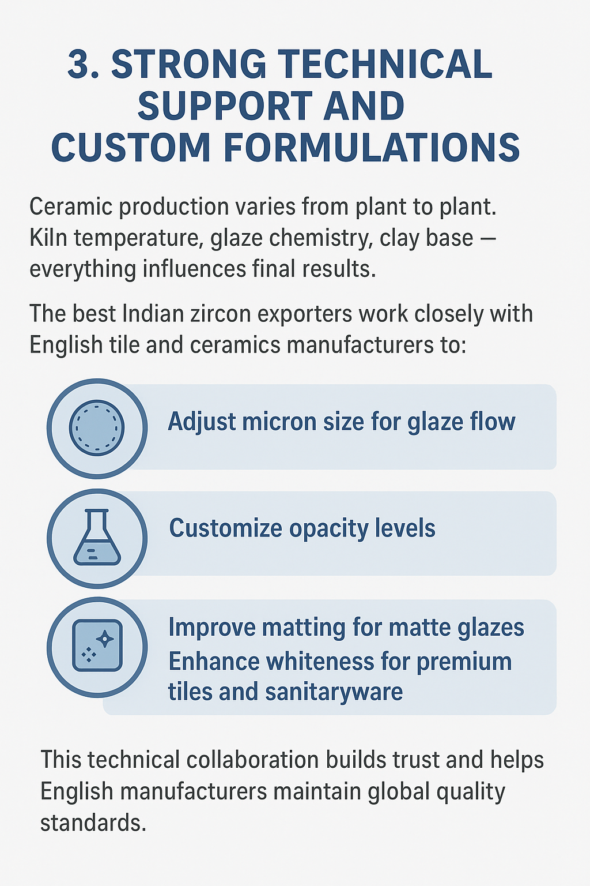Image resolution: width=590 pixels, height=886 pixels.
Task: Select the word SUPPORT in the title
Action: pyautogui.click(x=225, y=106)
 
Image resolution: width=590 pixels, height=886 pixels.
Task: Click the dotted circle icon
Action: pyautogui.click(x=97, y=428)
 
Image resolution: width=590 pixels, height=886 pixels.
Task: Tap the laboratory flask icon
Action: pyautogui.click(x=97, y=537)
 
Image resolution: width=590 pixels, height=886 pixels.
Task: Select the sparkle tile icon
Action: pyautogui.click(x=97, y=645)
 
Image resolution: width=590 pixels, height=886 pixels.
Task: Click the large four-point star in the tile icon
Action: pyautogui.click(x=105, y=639)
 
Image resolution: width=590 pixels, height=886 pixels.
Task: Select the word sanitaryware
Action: pyautogui.click(x=334, y=693)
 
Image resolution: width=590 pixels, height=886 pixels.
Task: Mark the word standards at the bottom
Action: pyautogui.click(x=93, y=823)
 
